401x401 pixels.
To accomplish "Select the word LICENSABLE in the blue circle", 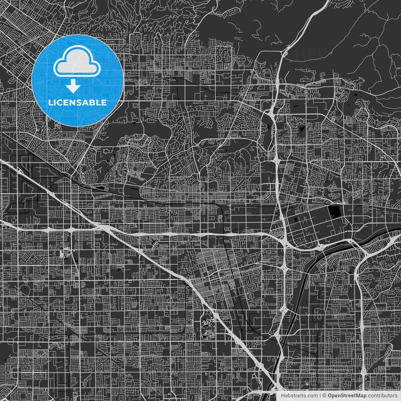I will (77, 102).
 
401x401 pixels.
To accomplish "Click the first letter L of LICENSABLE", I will (50, 102).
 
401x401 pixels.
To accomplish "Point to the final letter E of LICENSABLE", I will (104, 102).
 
